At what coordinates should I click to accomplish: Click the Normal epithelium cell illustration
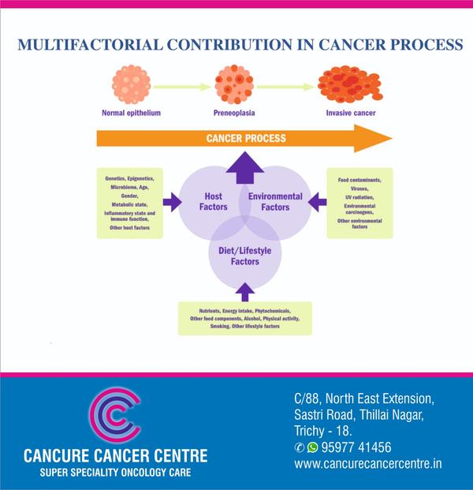132,84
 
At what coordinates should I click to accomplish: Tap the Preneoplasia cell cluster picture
234,84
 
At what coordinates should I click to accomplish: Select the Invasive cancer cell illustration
350,84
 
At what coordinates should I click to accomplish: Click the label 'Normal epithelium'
131,113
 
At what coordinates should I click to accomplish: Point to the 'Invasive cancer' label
351,113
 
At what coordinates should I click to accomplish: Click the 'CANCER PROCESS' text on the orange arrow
246,138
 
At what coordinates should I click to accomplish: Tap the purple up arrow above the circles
245,167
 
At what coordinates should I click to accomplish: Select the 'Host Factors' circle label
214,201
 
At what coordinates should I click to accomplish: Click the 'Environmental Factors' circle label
275,201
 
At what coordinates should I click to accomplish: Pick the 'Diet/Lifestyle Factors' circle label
245,256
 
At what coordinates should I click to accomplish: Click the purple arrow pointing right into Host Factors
173,202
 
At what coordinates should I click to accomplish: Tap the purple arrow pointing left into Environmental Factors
317,202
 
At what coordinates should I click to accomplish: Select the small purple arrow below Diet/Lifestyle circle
245,292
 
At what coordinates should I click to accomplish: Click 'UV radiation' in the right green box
359,197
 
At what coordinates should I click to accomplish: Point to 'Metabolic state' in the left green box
129,204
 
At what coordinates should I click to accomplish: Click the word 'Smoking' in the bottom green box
220,326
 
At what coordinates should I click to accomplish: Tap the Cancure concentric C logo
115,415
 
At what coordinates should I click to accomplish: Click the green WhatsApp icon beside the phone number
312,447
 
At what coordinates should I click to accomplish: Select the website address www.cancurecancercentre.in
368,463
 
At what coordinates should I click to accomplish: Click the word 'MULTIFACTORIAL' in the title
90,44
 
